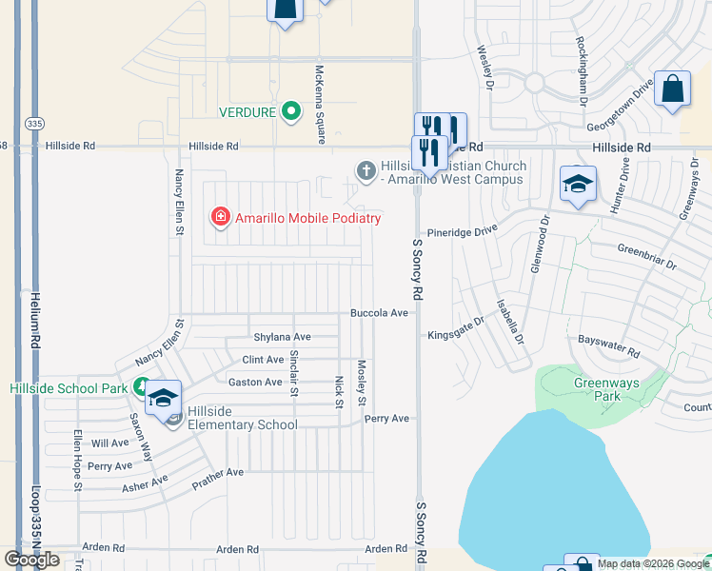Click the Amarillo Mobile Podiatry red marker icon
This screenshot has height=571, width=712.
pos(221,218)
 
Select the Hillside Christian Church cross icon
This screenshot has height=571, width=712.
pos(366,171)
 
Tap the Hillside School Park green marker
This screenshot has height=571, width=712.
pos(141,387)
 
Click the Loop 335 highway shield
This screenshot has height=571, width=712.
pos(35,123)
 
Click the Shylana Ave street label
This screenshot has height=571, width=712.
pos(282,337)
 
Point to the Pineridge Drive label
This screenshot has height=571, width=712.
pos(463,230)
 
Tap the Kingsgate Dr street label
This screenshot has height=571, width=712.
pos(456,334)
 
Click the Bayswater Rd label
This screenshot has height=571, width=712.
pos(609,344)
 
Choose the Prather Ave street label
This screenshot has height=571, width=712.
pos(218,473)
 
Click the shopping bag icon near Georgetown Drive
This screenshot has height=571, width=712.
pos(672,89)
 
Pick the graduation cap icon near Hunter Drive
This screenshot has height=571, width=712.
pos(578,185)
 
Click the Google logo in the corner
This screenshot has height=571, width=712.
pos(32,560)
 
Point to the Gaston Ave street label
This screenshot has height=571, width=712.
pos(255,382)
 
